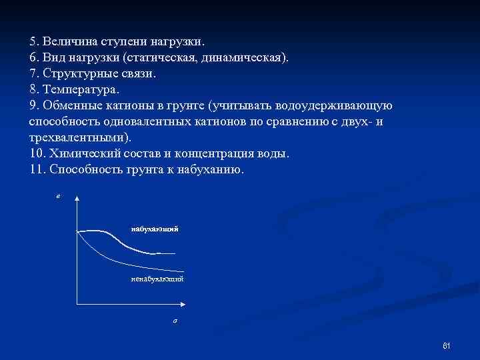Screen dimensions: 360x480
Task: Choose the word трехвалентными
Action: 79,137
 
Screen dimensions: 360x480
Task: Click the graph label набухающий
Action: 155,229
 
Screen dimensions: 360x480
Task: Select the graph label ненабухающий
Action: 157,278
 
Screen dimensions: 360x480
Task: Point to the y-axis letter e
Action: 58,197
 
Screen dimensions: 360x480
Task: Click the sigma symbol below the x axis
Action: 174,321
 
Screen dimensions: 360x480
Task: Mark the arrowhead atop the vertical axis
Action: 77,199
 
